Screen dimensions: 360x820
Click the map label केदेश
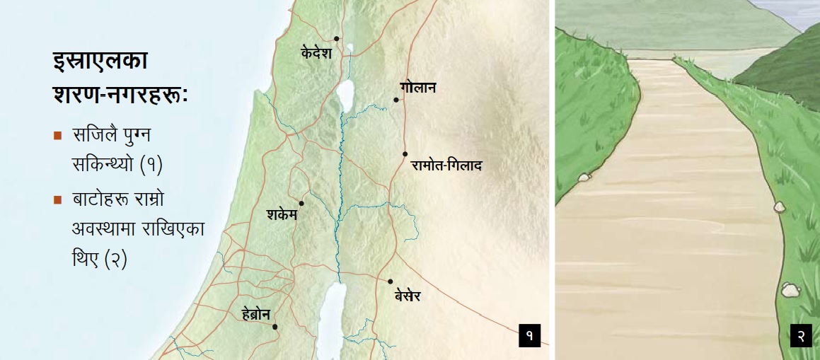[316, 53]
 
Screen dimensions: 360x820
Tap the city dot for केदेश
[337, 39]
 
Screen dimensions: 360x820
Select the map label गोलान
[417, 88]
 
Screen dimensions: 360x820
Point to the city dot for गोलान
[397, 100]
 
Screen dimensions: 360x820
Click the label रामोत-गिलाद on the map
[446, 166]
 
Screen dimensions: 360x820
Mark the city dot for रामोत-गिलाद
[405, 153]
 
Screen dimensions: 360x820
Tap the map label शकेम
[282, 215]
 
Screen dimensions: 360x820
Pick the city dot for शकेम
[302, 204]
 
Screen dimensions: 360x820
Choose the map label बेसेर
[408, 296]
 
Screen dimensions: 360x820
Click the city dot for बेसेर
[391, 281]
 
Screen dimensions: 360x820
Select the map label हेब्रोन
[255, 315]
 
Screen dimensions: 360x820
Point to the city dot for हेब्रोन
[275, 327]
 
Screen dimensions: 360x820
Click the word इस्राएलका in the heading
[100, 62]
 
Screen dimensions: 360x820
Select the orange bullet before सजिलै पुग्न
[57, 136]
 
